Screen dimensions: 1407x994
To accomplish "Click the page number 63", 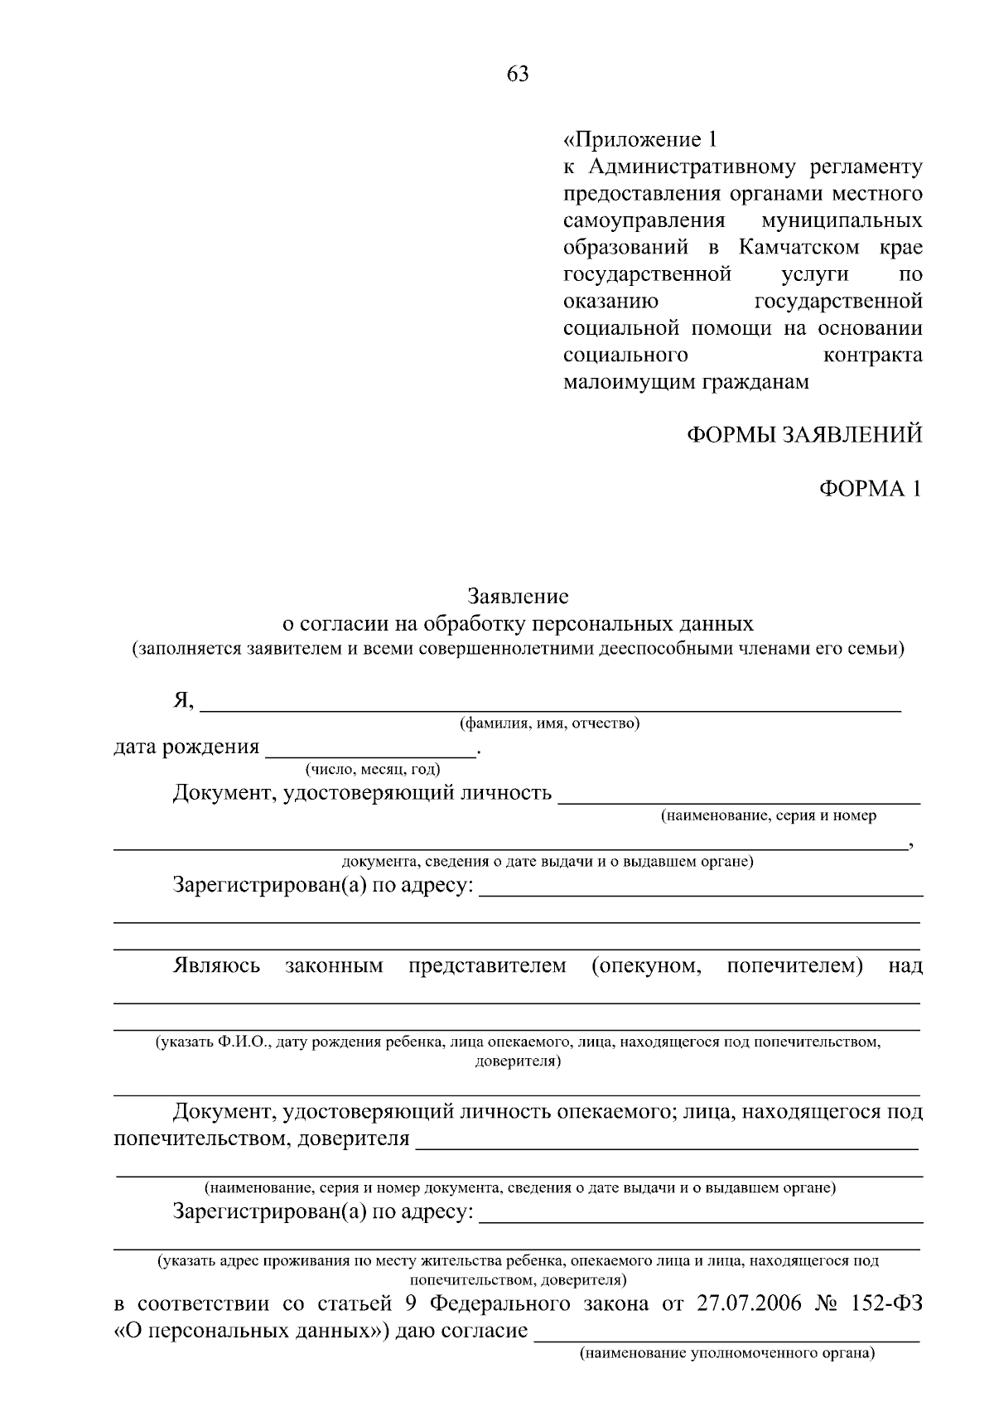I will [x=517, y=75].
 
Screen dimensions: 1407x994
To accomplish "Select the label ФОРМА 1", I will [x=870, y=489].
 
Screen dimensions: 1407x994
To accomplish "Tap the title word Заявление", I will [x=518, y=596].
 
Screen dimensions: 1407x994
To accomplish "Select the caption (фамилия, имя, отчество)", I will [x=550, y=723].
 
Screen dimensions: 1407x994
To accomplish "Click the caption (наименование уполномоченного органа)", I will [x=727, y=1354].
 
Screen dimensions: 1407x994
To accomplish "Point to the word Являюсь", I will [x=216, y=965].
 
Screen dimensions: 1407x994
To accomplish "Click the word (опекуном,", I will [x=647, y=965].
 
